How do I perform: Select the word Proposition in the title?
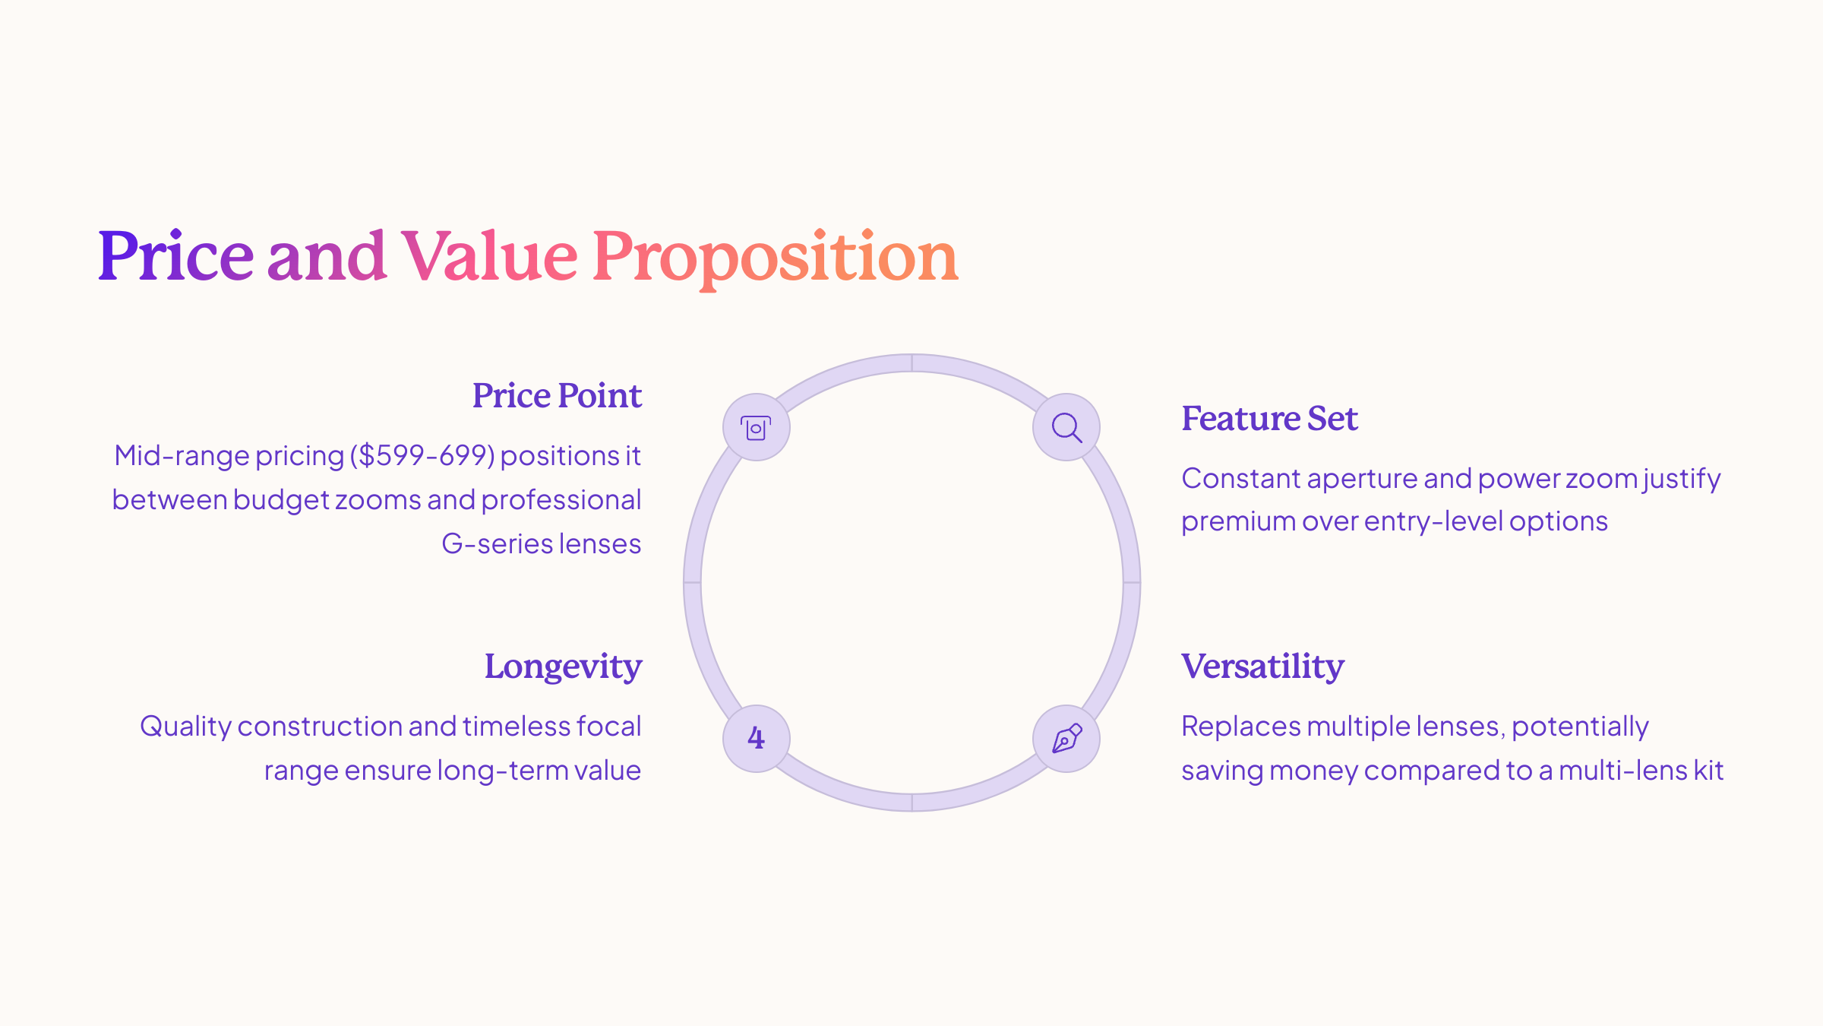775,258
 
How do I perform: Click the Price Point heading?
557,395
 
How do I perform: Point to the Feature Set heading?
1269,418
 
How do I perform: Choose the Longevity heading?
563,667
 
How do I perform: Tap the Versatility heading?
1262,667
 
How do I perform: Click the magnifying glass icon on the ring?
1066,427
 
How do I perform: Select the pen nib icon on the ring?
1066,739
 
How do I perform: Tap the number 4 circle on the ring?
757,739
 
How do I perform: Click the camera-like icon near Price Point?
757,427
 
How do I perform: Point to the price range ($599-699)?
422,456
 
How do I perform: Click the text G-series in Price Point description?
498,544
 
